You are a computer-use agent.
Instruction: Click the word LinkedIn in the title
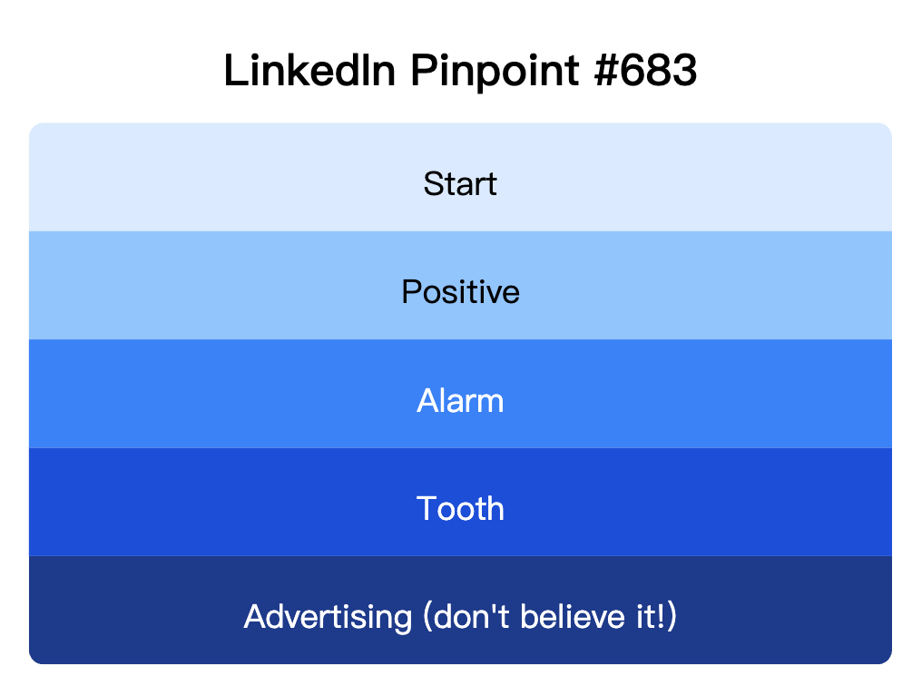coord(309,71)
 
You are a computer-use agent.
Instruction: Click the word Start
coord(460,184)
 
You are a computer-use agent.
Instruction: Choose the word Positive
coord(460,292)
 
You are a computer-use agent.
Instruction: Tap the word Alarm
coord(460,400)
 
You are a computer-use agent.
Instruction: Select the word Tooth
coord(460,508)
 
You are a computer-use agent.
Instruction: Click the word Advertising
coord(328,617)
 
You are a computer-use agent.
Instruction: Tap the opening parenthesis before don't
coord(427,618)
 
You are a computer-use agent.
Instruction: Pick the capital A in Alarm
coord(427,400)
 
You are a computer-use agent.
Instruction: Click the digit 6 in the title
coord(631,71)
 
